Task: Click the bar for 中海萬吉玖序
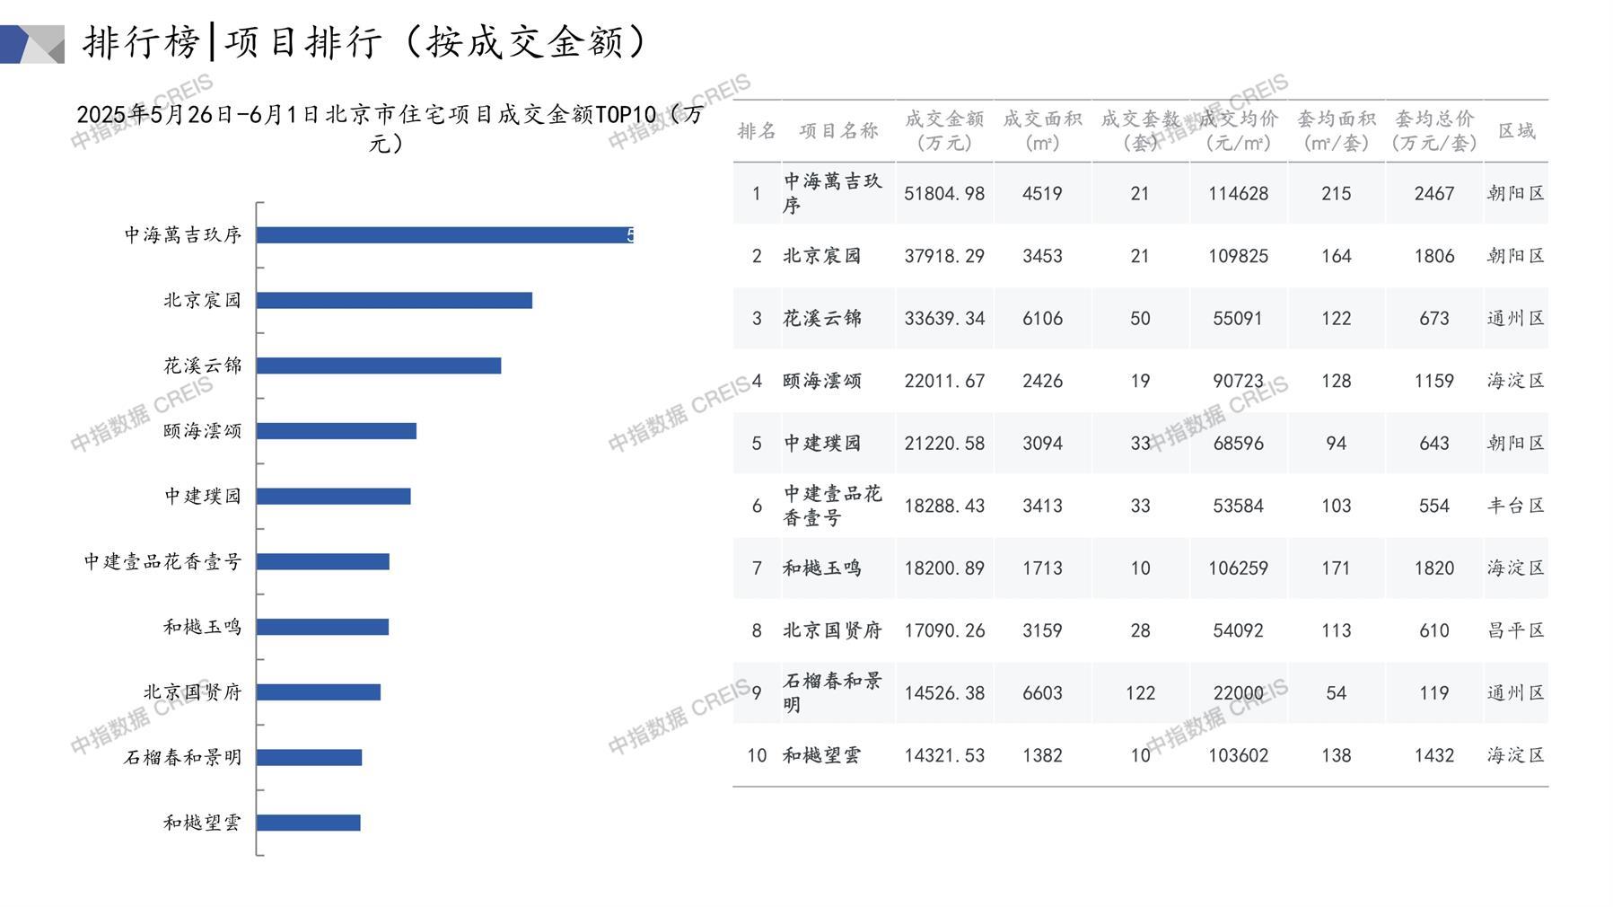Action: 444,235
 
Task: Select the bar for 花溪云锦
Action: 378,365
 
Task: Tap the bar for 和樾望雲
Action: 308,823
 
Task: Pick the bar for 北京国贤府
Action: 318,692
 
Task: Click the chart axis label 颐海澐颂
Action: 202,431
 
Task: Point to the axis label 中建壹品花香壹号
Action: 162,562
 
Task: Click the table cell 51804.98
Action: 943,193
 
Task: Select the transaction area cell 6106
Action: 1041,318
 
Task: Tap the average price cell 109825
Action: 1238,256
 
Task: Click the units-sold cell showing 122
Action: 1139,693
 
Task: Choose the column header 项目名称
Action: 838,131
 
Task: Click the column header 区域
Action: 1516,131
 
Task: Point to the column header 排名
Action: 756,131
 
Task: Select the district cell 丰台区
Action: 1515,506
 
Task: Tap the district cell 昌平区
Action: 1515,630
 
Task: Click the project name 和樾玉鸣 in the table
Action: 821,568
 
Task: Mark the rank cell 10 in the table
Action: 756,755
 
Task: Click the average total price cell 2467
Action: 1433,193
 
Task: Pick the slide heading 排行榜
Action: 141,42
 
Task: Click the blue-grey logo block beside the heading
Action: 32,44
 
